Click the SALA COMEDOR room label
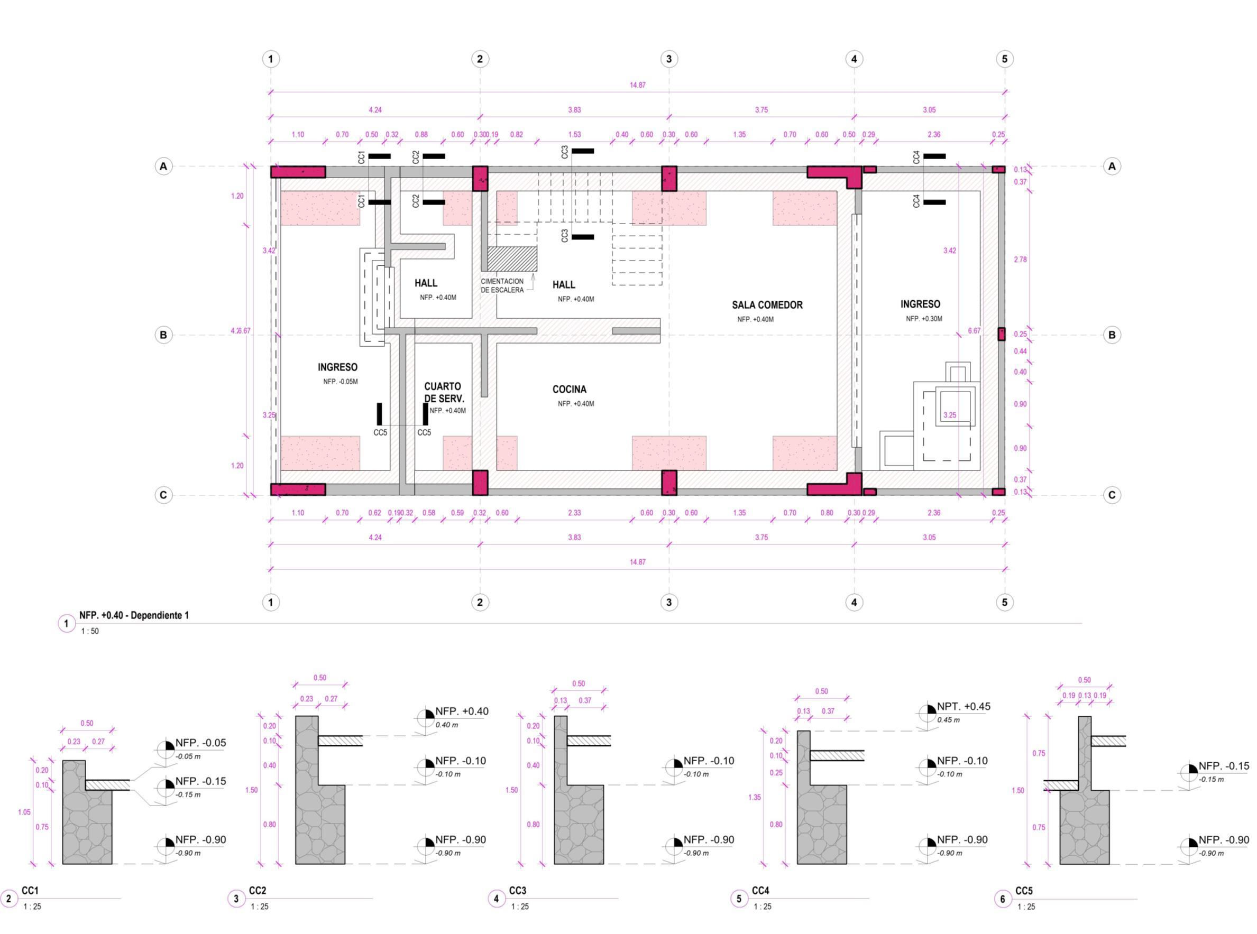tap(767, 306)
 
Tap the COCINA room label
tap(569, 390)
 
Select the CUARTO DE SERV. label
tap(444, 392)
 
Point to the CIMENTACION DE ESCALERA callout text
tap(502, 285)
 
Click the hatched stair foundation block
tap(512, 259)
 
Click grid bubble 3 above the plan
tap(668, 59)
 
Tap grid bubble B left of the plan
tap(163, 335)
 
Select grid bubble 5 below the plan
tap(1004, 602)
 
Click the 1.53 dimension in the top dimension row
tap(574, 135)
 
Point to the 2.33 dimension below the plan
tap(574, 513)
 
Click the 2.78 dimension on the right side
tap(1020, 260)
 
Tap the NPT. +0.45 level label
tap(964, 707)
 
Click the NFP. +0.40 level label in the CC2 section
tap(462, 712)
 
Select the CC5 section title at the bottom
tap(1023, 891)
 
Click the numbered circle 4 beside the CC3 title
tap(496, 899)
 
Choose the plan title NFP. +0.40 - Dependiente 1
tap(134, 615)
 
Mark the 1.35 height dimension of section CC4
tap(755, 797)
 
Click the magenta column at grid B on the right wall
tap(1001, 334)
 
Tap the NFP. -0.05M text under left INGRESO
tap(341, 382)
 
